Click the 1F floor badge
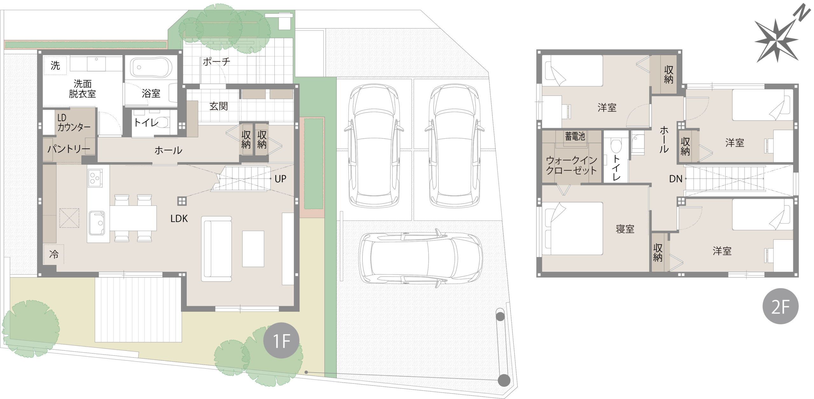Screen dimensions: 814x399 (281, 341)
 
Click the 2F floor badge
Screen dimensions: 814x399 (781, 306)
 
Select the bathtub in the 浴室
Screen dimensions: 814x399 (151, 67)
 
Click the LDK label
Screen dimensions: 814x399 (179, 218)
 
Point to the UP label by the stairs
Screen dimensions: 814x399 (280, 179)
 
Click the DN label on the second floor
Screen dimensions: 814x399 (676, 179)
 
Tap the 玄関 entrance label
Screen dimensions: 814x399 (219, 106)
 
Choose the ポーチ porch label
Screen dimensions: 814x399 (217, 61)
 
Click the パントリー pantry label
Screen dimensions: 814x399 (69, 149)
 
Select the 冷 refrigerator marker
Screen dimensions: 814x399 (54, 254)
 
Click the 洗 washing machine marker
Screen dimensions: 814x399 (55, 65)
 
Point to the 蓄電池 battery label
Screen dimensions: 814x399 (575, 136)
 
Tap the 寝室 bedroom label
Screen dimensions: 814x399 (625, 229)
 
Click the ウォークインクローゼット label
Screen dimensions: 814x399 (571, 165)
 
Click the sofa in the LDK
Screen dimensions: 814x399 (216, 249)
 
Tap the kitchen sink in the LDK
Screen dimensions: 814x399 (97, 223)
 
